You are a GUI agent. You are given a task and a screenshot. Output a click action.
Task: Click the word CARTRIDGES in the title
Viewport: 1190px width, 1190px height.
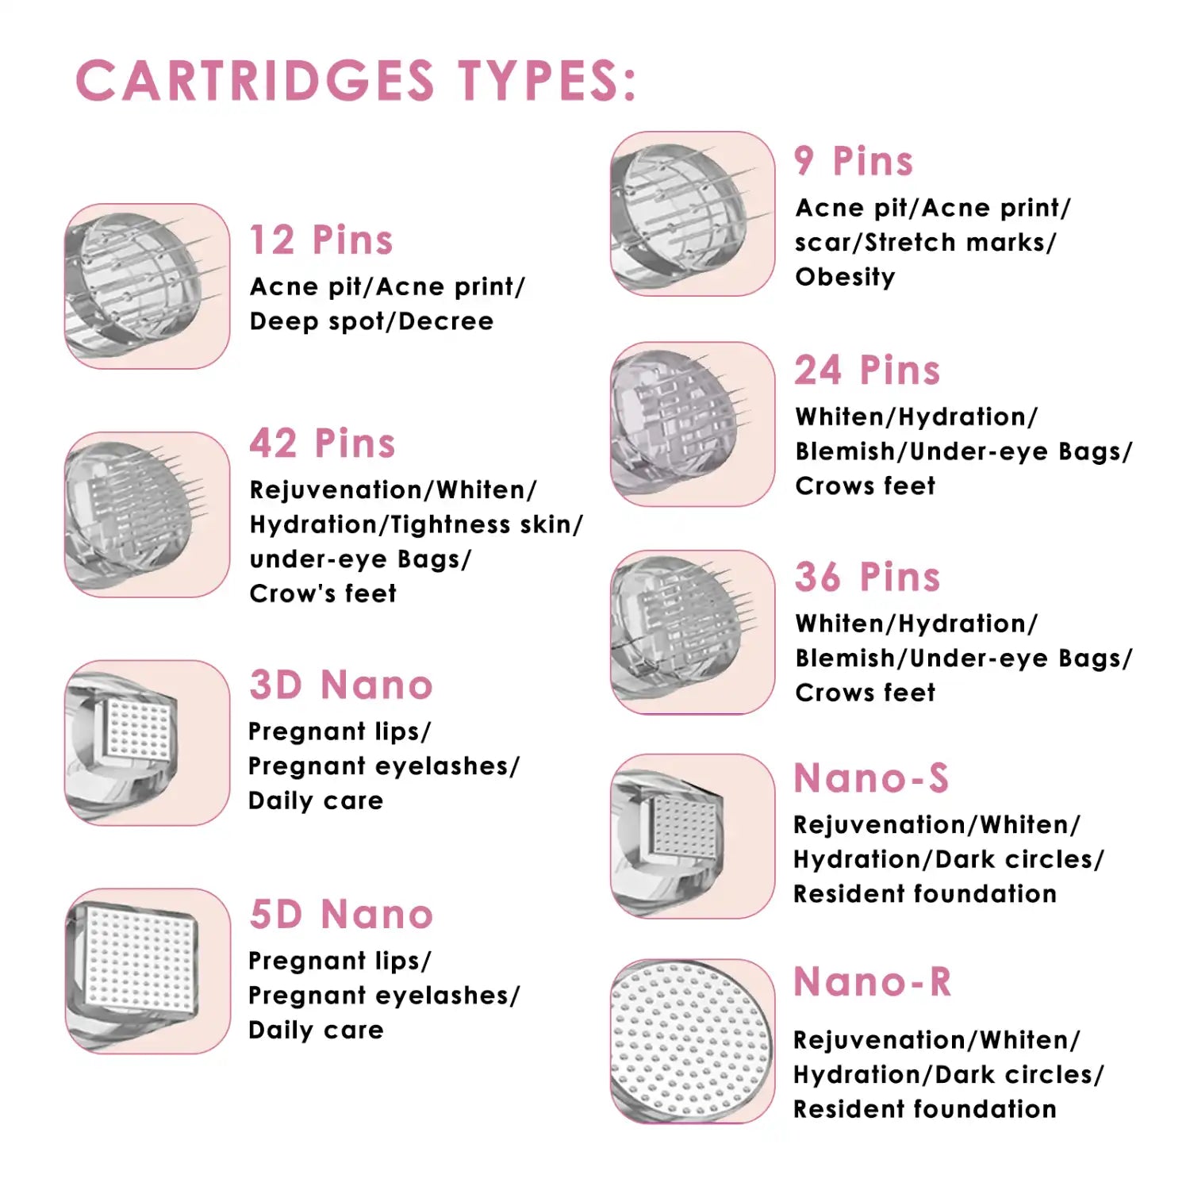(x=255, y=81)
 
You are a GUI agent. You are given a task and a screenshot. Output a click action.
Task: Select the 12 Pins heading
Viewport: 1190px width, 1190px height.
(x=321, y=240)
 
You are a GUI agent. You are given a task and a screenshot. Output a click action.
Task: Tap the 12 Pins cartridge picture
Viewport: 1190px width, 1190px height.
(x=147, y=286)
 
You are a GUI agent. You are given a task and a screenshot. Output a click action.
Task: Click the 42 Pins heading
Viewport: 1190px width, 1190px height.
(x=322, y=443)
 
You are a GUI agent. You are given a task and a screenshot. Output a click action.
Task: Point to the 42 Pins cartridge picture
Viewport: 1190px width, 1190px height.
(x=147, y=514)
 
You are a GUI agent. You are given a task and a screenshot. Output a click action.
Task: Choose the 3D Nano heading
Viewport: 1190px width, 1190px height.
(x=341, y=685)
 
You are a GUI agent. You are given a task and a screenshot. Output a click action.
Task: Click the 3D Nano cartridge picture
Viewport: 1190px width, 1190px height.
(x=147, y=743)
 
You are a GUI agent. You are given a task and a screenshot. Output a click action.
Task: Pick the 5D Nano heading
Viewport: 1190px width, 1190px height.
(x=341, y=914)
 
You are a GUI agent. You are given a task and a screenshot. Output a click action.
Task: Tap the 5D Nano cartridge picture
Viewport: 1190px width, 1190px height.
(x=147, y=971)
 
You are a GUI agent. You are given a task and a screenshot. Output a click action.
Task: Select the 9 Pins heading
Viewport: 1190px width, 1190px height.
(x=854, y=161)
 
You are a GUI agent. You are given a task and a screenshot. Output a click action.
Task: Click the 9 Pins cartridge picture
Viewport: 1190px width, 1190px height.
(x=693, y=213)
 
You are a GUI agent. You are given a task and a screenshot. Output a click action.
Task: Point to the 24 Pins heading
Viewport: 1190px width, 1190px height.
(x=867, y=370)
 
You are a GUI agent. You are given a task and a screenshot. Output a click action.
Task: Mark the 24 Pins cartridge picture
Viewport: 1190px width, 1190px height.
(x=693, y=424)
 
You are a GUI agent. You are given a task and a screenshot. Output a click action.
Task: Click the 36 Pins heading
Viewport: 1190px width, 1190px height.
(x=867, y=577)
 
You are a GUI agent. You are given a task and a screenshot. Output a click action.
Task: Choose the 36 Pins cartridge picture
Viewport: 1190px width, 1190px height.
(x=693, y=632)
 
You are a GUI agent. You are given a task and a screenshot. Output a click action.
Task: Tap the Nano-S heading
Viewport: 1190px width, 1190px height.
(x=871, y=778)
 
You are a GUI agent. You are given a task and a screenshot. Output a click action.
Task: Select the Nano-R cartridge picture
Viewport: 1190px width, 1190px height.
(x=693, y=1041)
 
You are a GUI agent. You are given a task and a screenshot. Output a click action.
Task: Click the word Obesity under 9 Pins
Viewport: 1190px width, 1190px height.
(x=845, y=277)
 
